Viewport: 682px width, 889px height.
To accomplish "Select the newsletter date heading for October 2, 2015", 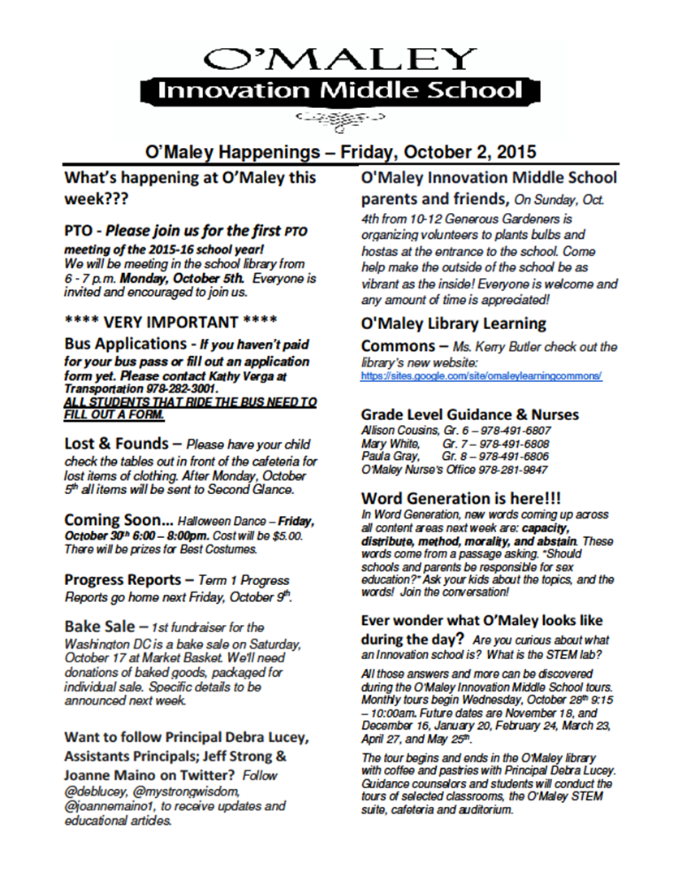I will pos(340,151).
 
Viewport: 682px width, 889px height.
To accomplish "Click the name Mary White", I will pos(389,443).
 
